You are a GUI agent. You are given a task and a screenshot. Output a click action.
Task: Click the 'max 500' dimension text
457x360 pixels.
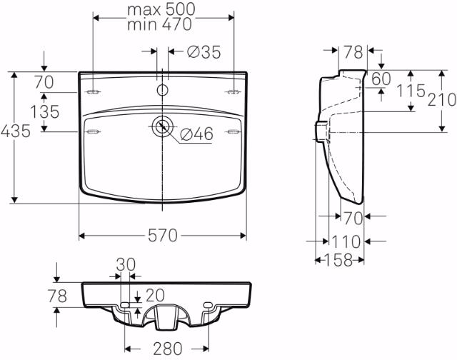tap(161, 9)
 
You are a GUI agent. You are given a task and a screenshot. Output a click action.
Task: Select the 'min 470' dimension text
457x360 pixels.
tap(161, 24)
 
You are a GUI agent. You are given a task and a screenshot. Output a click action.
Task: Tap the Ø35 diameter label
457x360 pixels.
tap(204, 51)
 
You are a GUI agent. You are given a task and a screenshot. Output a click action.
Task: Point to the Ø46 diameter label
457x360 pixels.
tap(196, 134)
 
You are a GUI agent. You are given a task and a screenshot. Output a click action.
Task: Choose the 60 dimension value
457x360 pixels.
tap(381, 79)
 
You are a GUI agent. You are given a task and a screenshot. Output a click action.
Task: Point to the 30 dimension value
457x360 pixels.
tap(126, 264)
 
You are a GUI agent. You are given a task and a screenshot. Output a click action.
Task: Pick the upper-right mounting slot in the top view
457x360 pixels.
tap(233, 92)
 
